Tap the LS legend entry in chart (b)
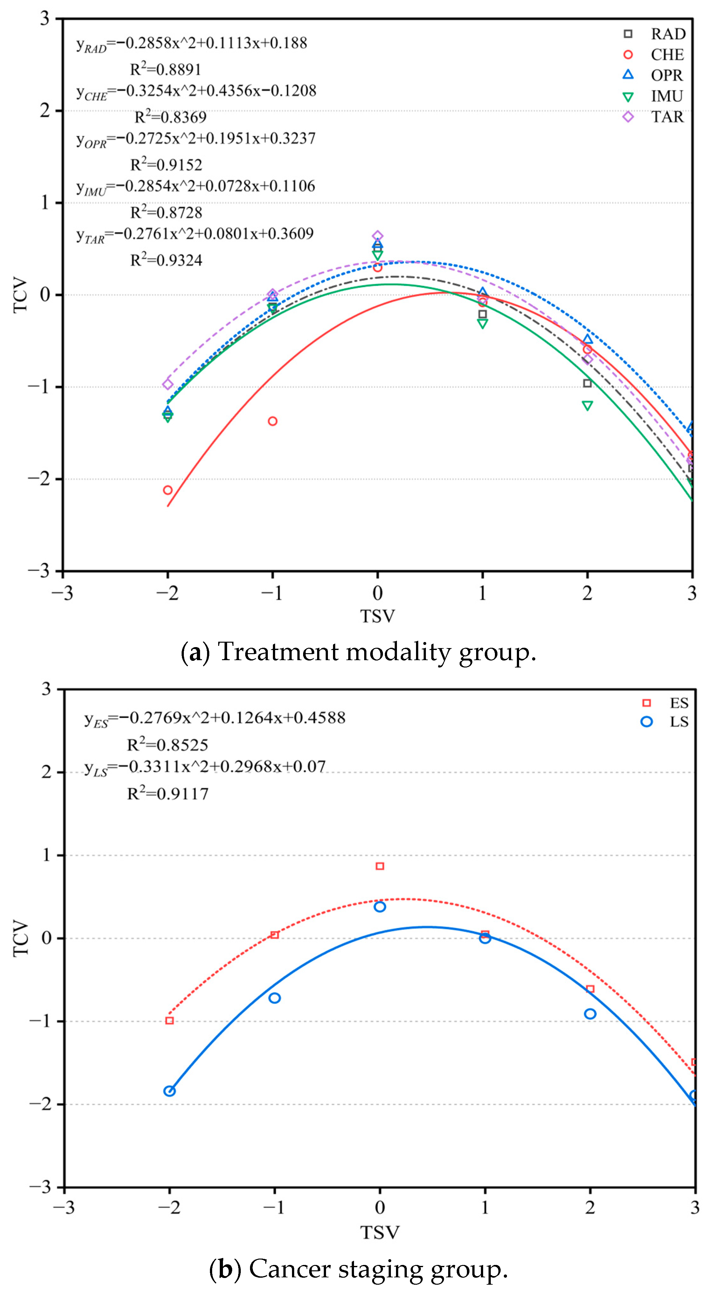[x=664, y=721]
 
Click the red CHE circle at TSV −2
[x=168, y=490]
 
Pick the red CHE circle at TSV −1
[x=273, y=421]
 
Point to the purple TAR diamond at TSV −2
[x=168, y=384]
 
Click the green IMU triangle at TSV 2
[x=587, y=405]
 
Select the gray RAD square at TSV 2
[x=587, y=383]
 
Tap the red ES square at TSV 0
[x=380, y=866]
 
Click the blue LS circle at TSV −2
[x=169, y=1091]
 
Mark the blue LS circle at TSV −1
[x=274, y=998]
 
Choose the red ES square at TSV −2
[x=169, y=1021]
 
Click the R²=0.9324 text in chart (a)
[x=166, y=259]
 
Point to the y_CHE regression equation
[x=197, y=91]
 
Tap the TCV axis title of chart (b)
[x=21, y=938]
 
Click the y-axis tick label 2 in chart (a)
[x=45, y=110]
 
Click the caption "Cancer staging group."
[x=378, y=1268]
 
